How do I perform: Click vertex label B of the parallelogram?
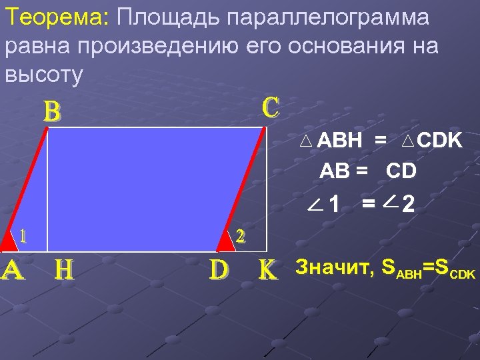[52, 112]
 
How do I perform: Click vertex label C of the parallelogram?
[271, 107]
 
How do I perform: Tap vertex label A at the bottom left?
[13, 269]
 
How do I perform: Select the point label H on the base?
[64, 269]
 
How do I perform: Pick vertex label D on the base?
[220, 269]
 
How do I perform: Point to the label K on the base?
[268, 269]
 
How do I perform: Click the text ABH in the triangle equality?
[340, 141]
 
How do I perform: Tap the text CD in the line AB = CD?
[401, 171]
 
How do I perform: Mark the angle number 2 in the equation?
[409, 204]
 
